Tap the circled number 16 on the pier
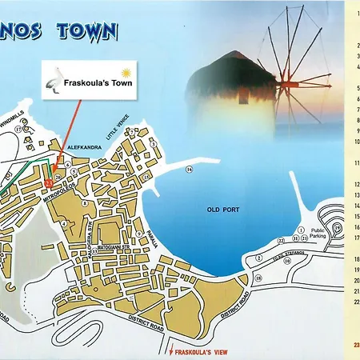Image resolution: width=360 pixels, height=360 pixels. tap(190, 170)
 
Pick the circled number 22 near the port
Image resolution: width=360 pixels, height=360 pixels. tap(281, 239)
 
